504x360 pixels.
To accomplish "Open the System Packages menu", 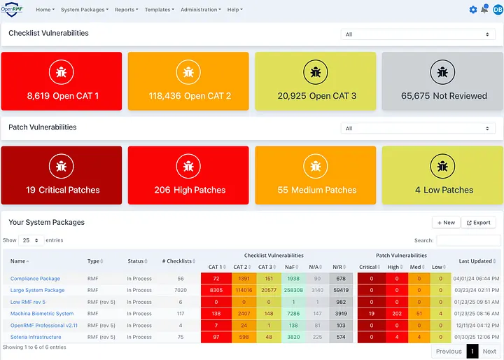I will [84, 10].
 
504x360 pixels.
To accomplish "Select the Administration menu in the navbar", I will [200, 10].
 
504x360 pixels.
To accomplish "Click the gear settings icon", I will [473, 10].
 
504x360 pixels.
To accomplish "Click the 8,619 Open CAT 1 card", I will [63, 81].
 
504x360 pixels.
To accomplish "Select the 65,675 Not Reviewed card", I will [442, 81].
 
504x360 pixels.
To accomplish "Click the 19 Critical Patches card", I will [63, 175].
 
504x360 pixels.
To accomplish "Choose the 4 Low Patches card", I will [442, 175].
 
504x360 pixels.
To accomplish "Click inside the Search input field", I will [468, 240].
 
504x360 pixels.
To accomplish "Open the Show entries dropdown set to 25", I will [31, 240].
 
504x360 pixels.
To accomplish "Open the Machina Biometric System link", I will [42, 314].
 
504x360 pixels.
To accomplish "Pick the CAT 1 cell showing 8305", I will [216, 290].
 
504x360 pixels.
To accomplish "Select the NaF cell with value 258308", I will [294, 290].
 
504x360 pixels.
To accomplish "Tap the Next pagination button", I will [489, 352].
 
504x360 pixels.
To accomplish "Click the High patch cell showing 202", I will [393, 314].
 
